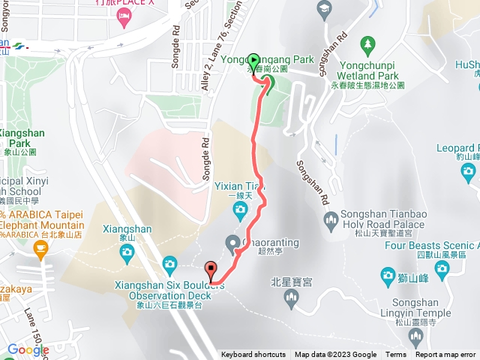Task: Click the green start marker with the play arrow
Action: point(253,60)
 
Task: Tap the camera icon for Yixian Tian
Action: point(240,208)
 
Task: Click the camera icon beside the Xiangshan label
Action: point(169,263)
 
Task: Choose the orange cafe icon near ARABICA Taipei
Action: point(40,253)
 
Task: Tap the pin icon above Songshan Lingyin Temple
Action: point(388,274)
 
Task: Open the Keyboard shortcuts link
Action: point(253,355)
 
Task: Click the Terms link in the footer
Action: point(396,355)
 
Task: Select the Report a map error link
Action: point(445,355)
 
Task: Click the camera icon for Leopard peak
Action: point(469,173)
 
